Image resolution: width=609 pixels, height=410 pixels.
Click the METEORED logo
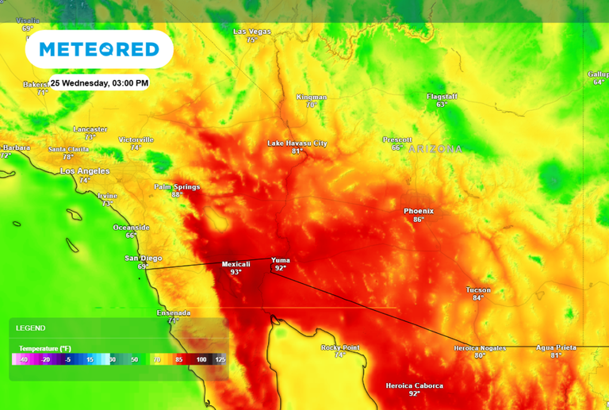(x=99, y=49)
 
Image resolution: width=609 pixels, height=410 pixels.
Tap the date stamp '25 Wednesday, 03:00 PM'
(x=100, y=82)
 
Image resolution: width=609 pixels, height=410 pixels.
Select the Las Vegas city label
(x=252, y=32)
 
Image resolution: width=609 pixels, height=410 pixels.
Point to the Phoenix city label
(x=419, y=211)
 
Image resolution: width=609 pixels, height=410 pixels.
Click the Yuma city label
(x=281, y=259)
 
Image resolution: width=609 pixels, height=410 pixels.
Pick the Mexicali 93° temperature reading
(x=236, y=272)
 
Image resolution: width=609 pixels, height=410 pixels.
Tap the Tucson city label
(x=478, y=289)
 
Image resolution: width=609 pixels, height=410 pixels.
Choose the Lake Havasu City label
(x=297, y=143)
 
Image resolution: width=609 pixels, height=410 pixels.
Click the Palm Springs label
(x=177, y=186)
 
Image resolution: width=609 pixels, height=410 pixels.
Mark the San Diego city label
(x=144, y=258)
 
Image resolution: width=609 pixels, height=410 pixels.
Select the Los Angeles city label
(x=85, y=171)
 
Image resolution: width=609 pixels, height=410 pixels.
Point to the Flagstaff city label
(x=442, y=97)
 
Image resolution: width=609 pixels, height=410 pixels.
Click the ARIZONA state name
(x=435, y=148)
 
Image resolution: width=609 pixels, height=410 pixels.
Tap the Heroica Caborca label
(x=415, y=385)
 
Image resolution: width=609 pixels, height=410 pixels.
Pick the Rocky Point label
(x=340, y=347)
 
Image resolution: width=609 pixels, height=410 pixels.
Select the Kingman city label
(x=312, y=97)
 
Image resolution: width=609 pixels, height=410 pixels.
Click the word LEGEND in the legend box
(x=31, y=328)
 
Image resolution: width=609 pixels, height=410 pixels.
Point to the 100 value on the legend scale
(x=201, y=359)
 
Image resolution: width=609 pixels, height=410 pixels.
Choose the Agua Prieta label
(x=556, y=347)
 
